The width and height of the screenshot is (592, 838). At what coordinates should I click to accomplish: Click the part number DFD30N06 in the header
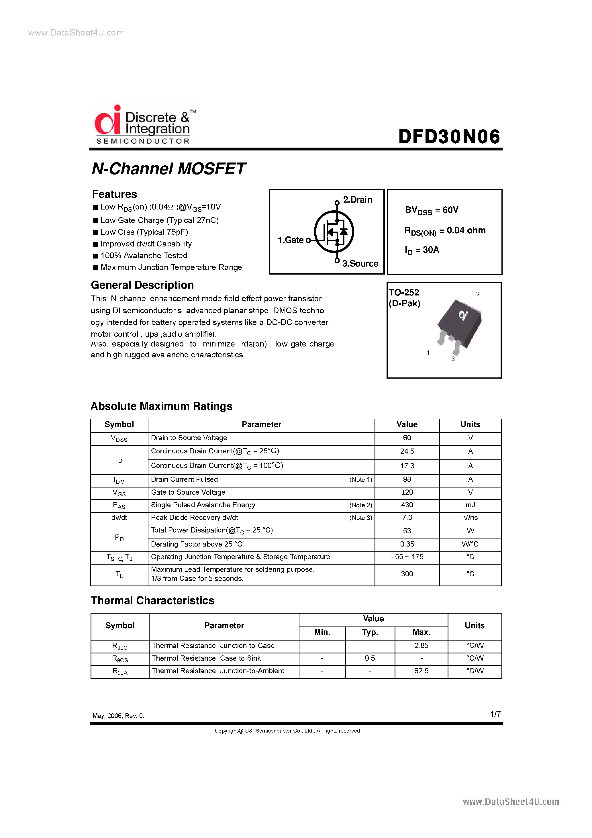click(x=449, y=136)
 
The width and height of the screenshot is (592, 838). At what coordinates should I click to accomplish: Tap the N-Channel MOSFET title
click(x=168, y=169)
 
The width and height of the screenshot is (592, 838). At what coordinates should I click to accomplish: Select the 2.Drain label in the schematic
click(x=357, y=200)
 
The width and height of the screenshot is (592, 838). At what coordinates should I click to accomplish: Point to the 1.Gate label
click(x=291, y=240)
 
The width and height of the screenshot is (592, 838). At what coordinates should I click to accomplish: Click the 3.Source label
click(x=360, y=263)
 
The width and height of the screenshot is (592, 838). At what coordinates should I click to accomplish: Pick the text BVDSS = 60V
click(x=432, y=210)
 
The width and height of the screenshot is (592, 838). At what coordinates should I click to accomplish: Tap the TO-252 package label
click(x=404, y=292)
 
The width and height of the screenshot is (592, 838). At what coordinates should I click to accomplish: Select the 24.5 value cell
click(x=407, y=451)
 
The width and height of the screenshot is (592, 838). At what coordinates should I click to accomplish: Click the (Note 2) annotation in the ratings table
click(x=360, y=506)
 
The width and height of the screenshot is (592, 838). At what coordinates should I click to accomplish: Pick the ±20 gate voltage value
click(x=407, y=492)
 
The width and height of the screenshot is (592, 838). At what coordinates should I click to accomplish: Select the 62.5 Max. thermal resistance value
click(x=421, y=671)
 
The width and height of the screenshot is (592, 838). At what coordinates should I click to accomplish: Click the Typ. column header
click(x=370, y=632)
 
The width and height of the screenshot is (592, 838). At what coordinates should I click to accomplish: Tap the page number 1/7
click(x=495, y=714)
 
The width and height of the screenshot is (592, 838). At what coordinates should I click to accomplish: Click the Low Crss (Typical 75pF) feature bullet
click(x=144, y=232)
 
